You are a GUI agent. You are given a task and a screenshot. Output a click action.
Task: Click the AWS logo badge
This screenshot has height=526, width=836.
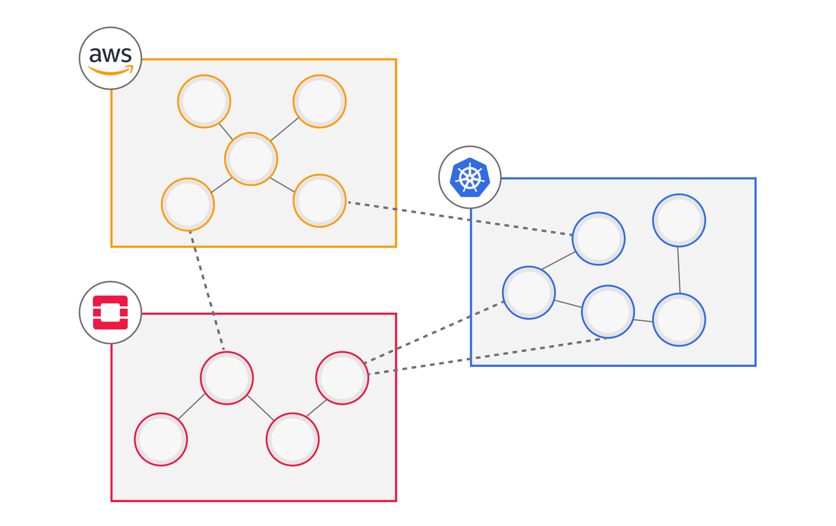[111, 58]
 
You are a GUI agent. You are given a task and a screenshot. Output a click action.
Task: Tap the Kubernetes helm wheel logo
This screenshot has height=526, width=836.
[470, 177]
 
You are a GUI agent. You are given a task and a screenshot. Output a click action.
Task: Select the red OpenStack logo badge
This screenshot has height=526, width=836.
[111, 312]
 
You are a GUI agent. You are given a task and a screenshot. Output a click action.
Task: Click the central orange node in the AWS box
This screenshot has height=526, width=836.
[251, 159]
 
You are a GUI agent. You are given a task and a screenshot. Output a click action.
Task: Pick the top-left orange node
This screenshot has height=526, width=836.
[204, 101]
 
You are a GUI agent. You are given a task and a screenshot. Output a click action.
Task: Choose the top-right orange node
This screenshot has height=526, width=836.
[320, 101]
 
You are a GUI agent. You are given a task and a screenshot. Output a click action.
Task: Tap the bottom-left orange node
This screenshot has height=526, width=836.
[188, 204]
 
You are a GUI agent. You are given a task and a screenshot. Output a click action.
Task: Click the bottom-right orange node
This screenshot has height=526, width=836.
[320, 201]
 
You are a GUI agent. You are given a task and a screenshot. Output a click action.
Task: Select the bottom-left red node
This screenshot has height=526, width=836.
[161, 440]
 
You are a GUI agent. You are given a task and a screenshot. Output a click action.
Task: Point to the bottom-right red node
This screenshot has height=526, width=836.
[293, 440]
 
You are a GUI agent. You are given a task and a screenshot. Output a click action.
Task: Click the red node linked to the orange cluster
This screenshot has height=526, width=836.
[227, 378]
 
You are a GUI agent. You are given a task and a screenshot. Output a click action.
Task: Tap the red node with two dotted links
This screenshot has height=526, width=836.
[342, 378]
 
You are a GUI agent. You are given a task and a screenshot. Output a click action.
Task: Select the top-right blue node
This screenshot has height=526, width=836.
[679, 220]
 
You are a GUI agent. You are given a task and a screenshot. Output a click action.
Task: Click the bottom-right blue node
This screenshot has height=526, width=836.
[679, 320]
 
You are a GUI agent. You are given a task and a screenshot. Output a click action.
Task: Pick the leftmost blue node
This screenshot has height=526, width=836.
[529, 293]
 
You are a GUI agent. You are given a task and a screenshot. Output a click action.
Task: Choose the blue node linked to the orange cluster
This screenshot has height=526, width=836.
[599, 239]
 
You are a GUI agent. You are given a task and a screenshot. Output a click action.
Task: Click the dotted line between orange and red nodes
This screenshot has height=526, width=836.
[207, 290]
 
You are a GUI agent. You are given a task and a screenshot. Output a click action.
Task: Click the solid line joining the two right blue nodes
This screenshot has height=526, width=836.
[679, 270]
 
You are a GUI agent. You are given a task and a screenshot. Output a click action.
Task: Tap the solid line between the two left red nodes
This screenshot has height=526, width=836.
[192, 407]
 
